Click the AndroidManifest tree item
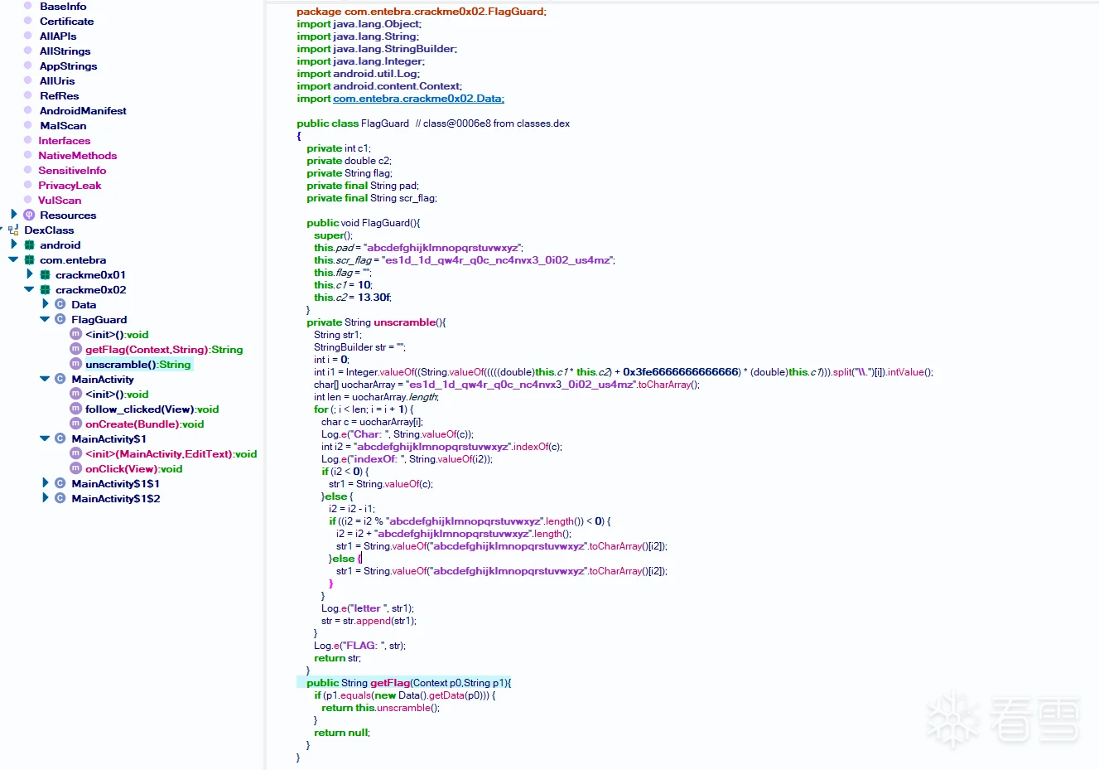(x=83, y=111)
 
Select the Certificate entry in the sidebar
(x=66, y=22)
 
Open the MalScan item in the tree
(x=63, y=126)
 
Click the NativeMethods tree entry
(x=77, y=156)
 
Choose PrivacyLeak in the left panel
(x=70, y=186)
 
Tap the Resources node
(x=68, y=216)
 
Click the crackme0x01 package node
(x=90, y=275)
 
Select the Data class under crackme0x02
(x=84, y=305)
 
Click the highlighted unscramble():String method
(x=137, y=365)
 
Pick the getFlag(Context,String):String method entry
(x=164, y=350)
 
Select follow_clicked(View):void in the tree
(x=152, y=409)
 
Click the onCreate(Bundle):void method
(x=144, y=424)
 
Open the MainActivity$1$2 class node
(x=115, y=499)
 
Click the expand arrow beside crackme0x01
(x=30, y=274)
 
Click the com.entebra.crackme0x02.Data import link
(x=418, y=99)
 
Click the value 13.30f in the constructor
(x=374, y=298)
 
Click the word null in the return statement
(x=358, y=733)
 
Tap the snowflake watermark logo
(x=952, y=718)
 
